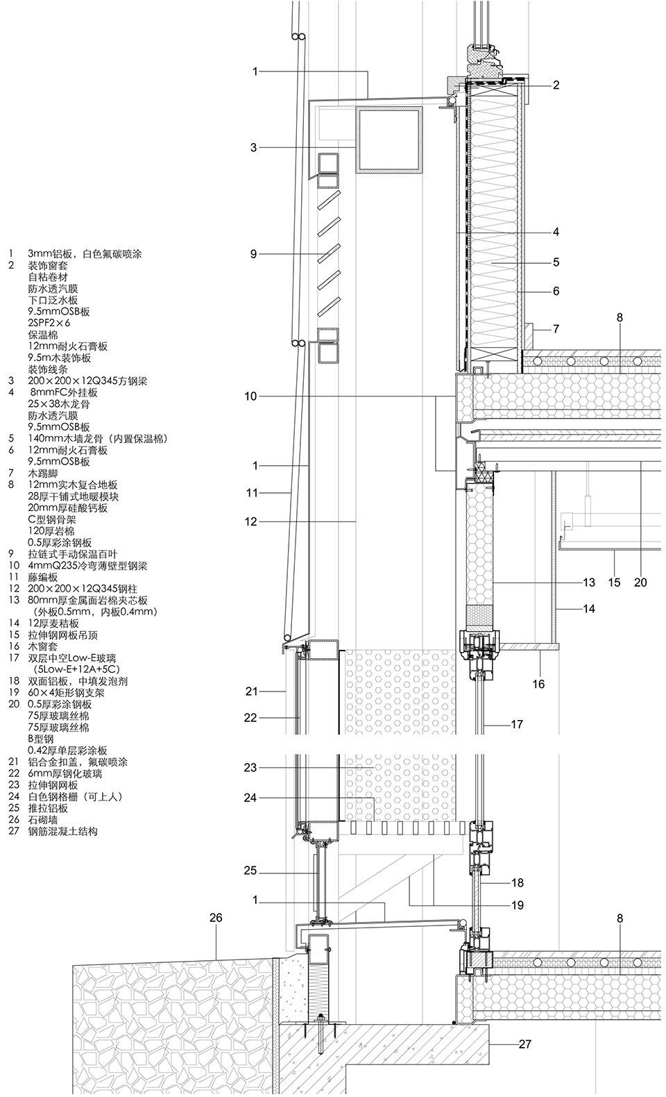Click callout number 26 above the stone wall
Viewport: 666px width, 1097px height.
[216, 918]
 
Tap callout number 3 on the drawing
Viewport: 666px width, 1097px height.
[254, 147]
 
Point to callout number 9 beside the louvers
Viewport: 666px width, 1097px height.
[254, 254]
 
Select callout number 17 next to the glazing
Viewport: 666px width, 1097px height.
[516, 724]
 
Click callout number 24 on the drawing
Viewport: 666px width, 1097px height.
[250, 798]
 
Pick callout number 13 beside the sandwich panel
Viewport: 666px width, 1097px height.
[589, 583]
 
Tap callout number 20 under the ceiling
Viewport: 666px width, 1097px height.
[640, 583]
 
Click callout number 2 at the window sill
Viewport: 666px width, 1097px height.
[556, 85]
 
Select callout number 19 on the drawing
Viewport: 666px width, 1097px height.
[516, 905]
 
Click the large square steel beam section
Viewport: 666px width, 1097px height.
[388, 140]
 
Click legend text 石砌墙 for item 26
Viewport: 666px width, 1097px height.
[43, 819]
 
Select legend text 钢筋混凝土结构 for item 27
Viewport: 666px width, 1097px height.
[62, 831]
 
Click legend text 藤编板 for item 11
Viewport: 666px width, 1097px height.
[43, 577]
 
